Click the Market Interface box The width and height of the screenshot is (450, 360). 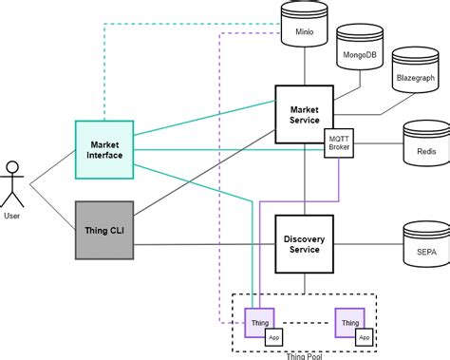pos(104,149)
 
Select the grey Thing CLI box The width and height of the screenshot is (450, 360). pos(104,229)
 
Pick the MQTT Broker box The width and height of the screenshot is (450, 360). pos(338,142)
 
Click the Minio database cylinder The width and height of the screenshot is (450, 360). pos(304,25)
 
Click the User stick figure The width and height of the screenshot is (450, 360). pos(13,183)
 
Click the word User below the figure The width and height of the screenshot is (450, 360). pos(12,217)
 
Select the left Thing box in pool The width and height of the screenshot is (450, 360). pos(258,323)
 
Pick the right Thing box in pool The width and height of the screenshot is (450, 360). pos(348,323)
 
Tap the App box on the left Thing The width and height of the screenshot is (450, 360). pos(273,337)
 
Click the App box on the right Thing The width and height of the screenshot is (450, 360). pos(365,337)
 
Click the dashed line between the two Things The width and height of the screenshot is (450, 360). pos(304,323)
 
